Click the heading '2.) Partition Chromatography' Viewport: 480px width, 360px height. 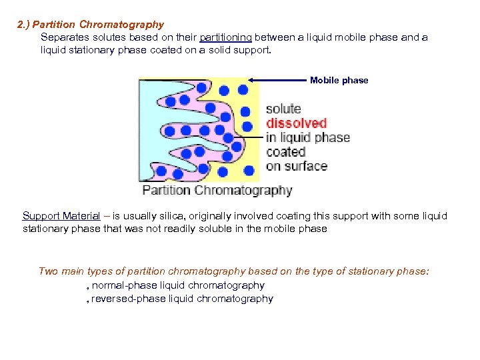[x=90, y=25]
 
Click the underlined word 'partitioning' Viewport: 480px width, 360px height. [x=225, y=37]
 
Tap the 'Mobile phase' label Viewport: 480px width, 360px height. [x=339, y=80]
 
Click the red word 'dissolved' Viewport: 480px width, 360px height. [x=297, y=123]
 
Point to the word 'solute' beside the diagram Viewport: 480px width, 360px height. [x=283, y=109]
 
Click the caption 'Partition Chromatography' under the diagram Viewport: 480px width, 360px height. [x=217, y=191]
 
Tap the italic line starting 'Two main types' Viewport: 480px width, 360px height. [x=234, y=271]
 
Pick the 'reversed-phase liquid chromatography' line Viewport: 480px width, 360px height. [x=181, y=299]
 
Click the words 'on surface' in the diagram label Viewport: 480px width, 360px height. [x=296, y=166]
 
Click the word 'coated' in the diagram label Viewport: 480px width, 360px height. [x=286, y=152]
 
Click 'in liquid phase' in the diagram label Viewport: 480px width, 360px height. [x=307, y=138]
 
